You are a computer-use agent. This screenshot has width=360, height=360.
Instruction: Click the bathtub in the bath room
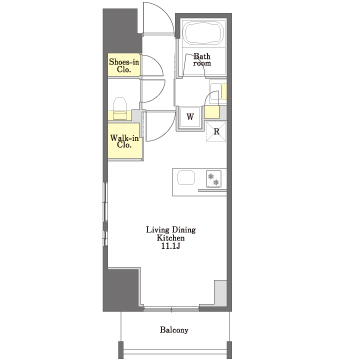204,33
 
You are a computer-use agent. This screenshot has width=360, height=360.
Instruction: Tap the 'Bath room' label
202,59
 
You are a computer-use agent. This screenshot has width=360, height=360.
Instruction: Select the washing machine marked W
190,117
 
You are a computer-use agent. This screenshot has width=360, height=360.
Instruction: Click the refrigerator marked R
216,131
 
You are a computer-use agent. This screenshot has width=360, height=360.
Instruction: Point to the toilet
120,108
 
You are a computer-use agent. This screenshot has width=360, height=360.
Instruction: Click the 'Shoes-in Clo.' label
124,65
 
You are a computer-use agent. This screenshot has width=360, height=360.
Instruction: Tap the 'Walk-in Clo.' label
124,141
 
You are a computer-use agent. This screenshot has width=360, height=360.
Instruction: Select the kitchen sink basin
186,178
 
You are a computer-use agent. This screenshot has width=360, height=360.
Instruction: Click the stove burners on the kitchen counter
213,179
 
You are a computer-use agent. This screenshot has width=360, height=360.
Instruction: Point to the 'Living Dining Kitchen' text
171,234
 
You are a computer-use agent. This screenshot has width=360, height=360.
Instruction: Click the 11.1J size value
171,247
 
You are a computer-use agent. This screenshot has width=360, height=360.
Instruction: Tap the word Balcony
174,330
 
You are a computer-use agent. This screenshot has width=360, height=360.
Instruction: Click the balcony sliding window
171,309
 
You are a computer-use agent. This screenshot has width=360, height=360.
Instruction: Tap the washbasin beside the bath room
215,90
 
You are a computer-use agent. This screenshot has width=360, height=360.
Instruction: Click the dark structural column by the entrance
122,31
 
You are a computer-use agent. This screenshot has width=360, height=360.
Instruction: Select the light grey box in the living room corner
220,293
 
